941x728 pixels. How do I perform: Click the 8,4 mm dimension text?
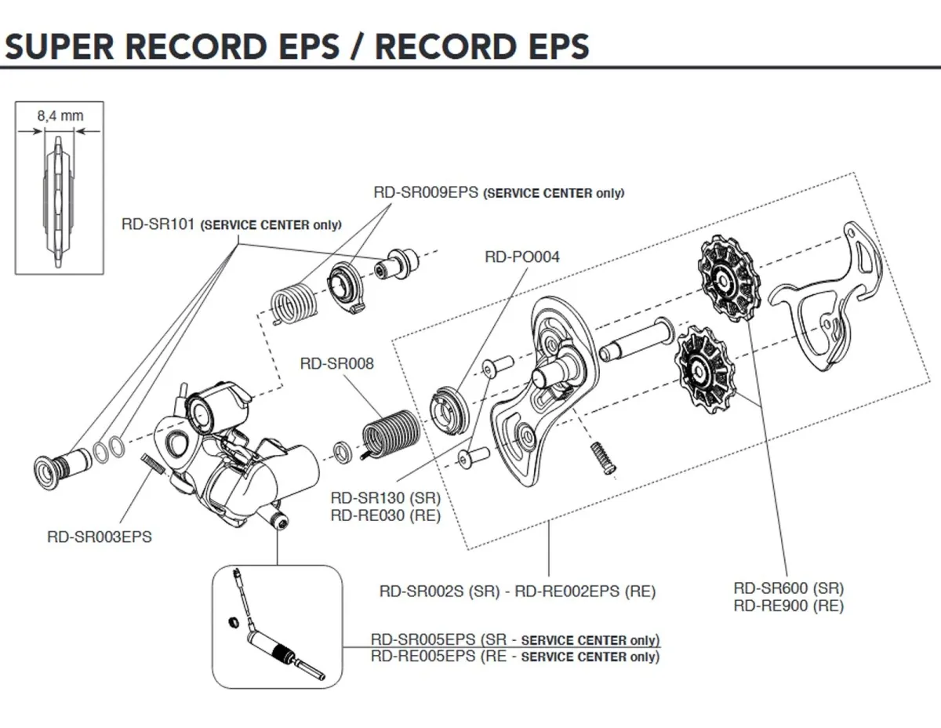click(x=60, y=115)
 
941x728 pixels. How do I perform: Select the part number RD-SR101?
click(x=160, y=224)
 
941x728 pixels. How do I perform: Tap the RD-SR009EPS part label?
click(x=425, y=192)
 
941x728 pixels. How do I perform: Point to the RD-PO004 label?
click(x=522, y=256)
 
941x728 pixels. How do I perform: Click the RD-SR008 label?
click(x=337, y=364)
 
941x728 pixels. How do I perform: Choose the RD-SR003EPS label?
click(x=100, y=537)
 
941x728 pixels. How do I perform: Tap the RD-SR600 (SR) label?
click(x=789, y=588)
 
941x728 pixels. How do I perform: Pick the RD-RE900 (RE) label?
click(x=789, y=606)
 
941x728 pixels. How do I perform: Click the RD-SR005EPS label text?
click(x=423, y=639)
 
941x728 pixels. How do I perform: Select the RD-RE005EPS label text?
click(x=423, y=657)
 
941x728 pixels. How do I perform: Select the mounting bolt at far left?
click(x=64, y=465)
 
